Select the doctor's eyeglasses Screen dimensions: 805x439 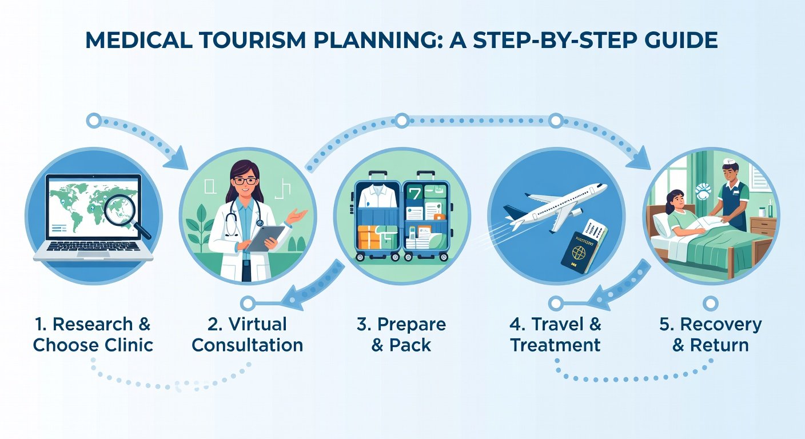(245, 181)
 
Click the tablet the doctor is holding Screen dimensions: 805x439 (265, 238)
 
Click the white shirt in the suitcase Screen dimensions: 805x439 (377, 197)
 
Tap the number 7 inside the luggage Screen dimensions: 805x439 (414, 194)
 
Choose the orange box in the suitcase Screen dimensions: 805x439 (369, 237)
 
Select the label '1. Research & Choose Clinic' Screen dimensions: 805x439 (93, 334)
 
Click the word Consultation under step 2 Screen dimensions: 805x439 (248, 345)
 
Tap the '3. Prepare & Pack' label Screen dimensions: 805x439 (401, 334)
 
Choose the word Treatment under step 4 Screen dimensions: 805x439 (556, 345)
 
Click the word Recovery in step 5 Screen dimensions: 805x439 (721, 325)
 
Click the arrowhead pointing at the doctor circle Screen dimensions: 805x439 (177, 159)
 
